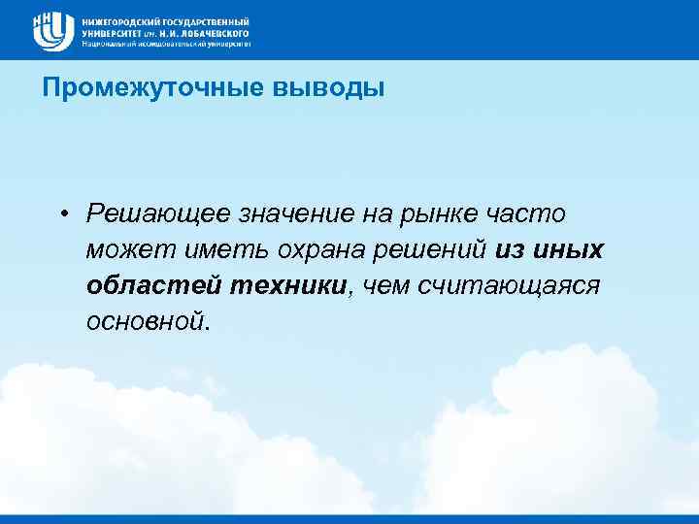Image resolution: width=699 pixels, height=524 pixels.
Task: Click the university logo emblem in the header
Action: click(53, 31)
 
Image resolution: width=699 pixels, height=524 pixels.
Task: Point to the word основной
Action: click(147, 321)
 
